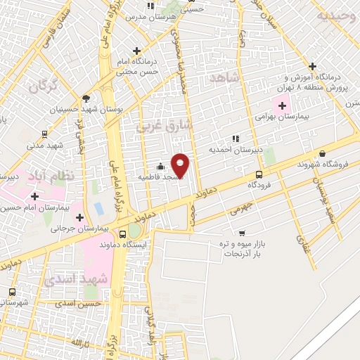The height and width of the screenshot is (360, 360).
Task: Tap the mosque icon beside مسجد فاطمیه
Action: [x=161, y=167]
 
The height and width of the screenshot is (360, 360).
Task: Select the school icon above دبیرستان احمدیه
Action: [x=235, y=139]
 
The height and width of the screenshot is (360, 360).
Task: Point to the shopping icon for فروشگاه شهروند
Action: [x=322, y=154]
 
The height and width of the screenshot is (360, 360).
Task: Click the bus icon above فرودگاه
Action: [x=259, y=174]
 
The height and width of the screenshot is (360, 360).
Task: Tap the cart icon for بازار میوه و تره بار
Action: [x=242, y=233]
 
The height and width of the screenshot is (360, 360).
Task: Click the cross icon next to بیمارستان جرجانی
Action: [x=80, y=217]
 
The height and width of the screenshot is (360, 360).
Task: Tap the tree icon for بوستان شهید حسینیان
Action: [x=85, y=98]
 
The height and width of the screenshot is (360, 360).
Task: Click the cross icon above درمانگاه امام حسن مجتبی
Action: [x=137, y=50]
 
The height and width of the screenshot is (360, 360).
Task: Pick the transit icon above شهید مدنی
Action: [x=44, y=134]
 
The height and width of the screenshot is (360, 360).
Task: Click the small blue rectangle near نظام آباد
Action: [x=98, y=209]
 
